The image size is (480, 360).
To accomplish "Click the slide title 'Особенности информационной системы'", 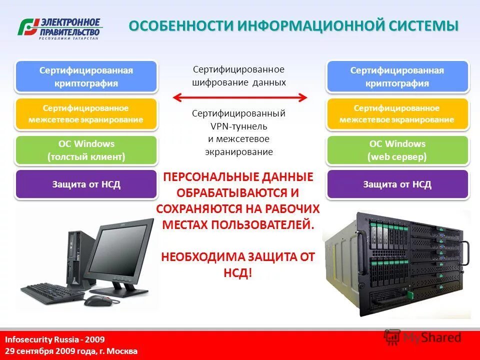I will [293, 25].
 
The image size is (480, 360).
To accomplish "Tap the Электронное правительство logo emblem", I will [28, 27].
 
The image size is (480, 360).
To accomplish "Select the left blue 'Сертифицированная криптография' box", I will [86, 76].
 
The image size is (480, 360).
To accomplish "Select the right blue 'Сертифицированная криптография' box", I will [397, 76].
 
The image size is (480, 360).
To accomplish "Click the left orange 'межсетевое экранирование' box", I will [86, 114].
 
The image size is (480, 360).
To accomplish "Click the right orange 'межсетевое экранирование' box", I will [397, 114].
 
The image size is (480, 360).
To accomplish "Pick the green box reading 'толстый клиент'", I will [86, 150].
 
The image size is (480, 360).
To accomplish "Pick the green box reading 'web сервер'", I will [397, 150].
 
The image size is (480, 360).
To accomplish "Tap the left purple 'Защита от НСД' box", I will [86, 184].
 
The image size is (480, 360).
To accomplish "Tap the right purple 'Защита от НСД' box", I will [397, 184].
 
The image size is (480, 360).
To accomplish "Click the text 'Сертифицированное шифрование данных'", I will [239, 75].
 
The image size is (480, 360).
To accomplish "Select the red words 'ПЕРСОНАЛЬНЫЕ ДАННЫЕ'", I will [238, 177].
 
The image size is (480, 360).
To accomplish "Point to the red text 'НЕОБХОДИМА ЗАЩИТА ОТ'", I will [238, 257].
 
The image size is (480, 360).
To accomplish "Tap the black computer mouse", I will [96, 300].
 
